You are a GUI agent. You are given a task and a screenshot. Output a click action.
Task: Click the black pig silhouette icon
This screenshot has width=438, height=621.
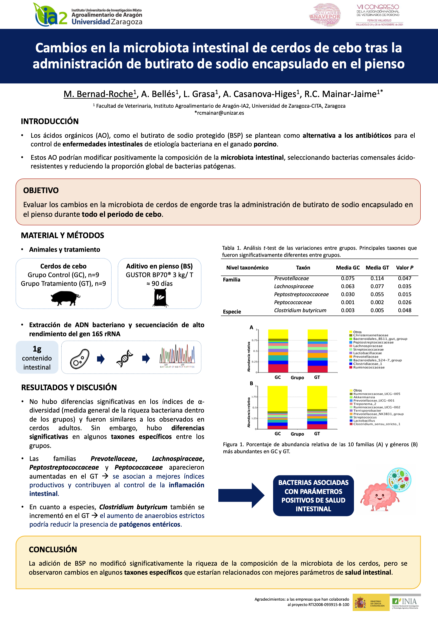point(65,298)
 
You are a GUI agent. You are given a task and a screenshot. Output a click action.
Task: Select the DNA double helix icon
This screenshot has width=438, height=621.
point(125,359)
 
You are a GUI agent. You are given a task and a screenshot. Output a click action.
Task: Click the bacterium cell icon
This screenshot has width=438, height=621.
point(80,359)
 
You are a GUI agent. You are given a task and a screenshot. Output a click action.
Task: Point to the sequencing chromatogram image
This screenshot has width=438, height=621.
point(177,357)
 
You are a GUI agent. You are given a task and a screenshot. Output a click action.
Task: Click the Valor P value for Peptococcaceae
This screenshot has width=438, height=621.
point(404,302)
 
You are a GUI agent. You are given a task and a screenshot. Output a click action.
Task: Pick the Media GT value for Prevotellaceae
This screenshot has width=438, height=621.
point(377,278)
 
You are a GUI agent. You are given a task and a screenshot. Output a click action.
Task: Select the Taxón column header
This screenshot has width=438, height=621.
point(303,267)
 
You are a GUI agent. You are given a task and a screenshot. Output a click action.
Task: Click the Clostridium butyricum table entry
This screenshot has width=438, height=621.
point(300,310)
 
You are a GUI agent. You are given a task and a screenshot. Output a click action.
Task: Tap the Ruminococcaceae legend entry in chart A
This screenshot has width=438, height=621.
point(369,368)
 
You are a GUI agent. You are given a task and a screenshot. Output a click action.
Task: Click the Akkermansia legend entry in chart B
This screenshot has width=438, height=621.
point(364,397)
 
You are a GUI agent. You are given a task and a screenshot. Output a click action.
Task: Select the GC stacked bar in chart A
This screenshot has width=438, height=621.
point(278,351)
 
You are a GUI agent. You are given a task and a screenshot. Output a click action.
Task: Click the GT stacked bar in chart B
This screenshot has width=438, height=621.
point(317,408)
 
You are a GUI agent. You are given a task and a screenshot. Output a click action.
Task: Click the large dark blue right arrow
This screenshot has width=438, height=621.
point(241,495)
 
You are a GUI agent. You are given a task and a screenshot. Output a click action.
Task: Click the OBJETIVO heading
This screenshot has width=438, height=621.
point(41,190)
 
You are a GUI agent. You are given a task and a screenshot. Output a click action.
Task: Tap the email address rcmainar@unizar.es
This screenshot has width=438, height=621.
point(219,113)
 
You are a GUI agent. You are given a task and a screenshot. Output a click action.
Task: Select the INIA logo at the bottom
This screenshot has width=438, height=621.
point(405,602)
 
